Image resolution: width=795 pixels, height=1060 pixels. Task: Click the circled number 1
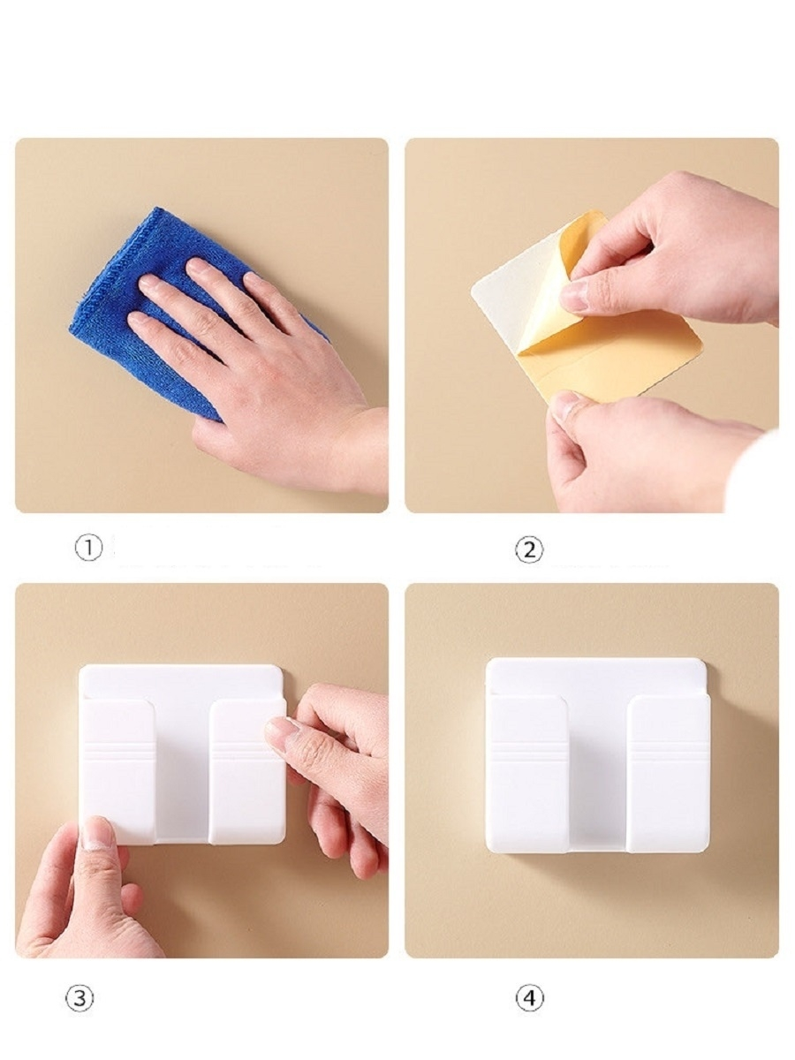pos(89,548)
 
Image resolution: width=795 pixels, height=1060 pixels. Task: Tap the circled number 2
pos(529,550)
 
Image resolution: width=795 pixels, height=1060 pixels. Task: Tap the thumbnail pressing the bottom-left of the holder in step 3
pos(97,834)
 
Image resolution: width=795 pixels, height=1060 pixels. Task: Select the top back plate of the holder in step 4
pos(596,676)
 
